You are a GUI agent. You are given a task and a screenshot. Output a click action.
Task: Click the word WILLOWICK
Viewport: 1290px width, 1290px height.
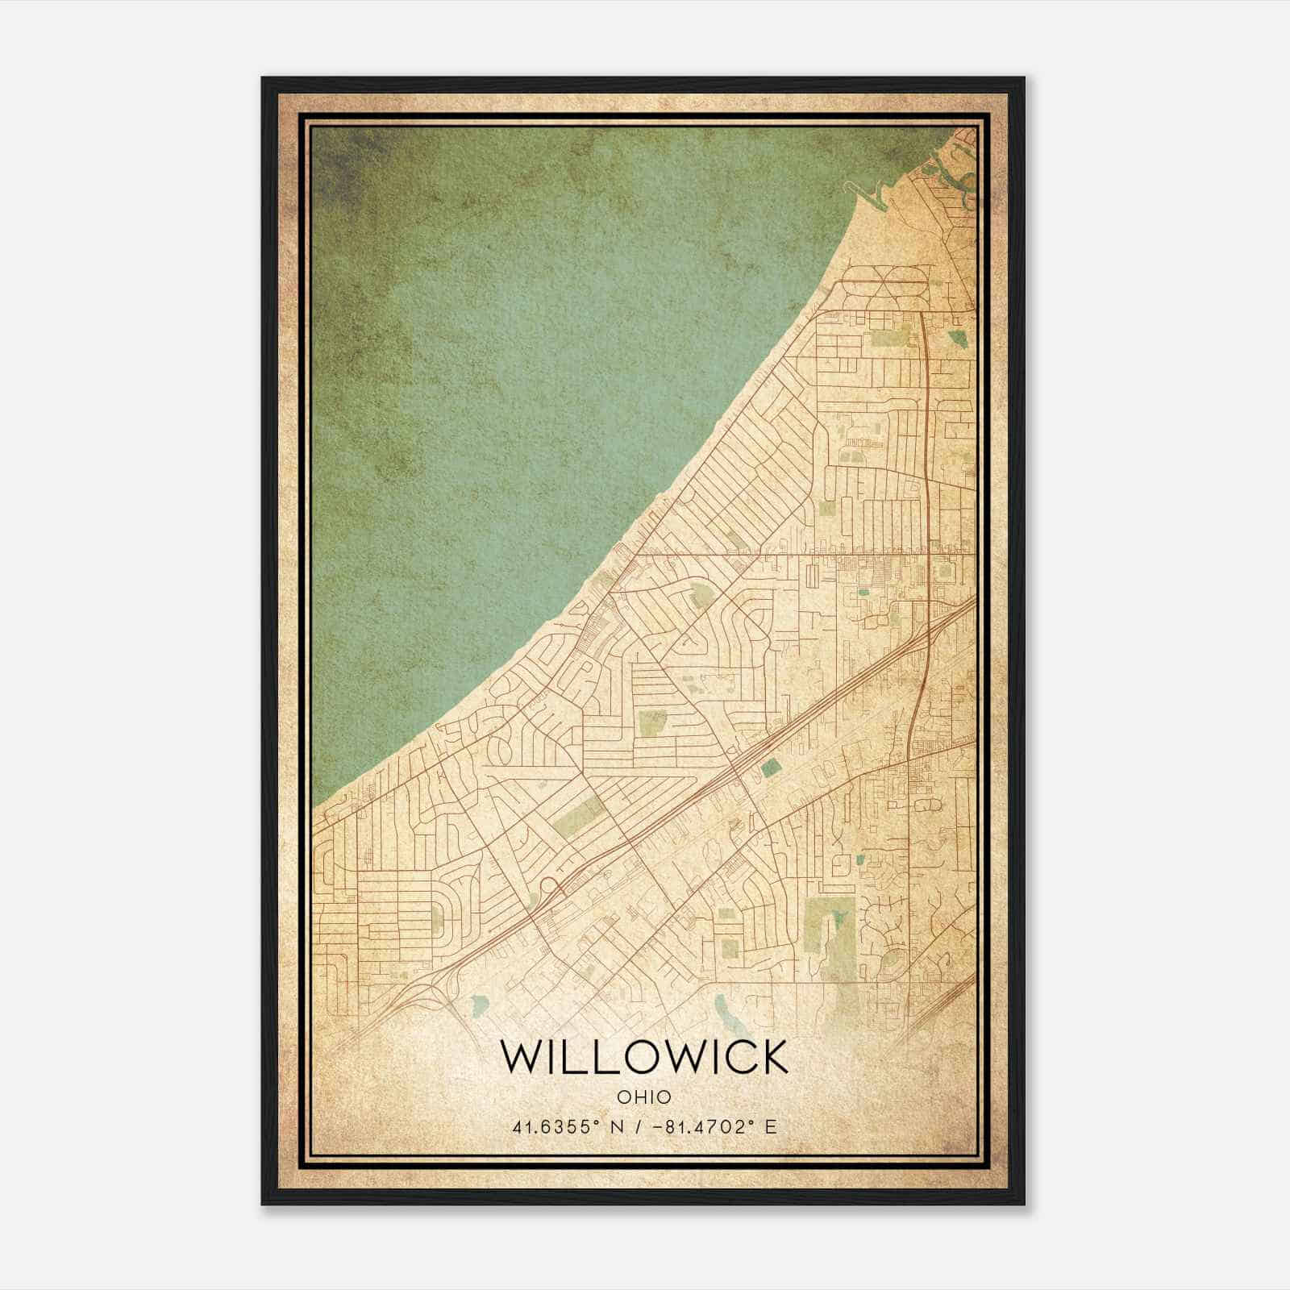(644, 1057)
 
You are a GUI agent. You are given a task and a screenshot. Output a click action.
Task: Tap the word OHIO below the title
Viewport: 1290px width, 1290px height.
(644, 1096)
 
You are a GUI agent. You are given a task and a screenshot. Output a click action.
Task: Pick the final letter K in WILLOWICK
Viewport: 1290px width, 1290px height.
(772, 1057)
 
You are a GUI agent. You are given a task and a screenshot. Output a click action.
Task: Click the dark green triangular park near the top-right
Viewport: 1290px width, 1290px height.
(957, 337)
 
